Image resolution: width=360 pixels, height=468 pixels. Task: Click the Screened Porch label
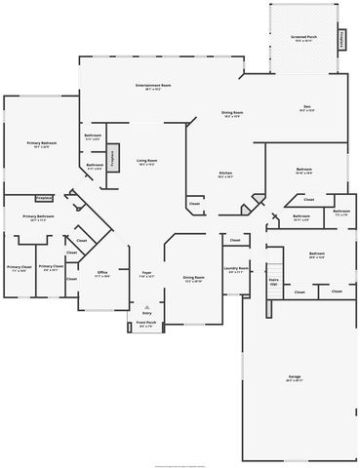coord(301,39)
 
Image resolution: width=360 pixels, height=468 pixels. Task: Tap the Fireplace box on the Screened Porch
coord(341,40)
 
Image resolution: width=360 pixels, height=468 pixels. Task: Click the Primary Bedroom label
coord(42,145)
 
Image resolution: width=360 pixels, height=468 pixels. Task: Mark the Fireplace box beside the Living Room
coord(112,158)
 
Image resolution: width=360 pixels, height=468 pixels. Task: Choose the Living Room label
coord(147,163)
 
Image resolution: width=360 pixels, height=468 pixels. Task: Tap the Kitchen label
coord(224,175)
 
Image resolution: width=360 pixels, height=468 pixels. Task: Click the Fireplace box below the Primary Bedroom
coord(44,198)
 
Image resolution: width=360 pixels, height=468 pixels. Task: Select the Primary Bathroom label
coord(38,218)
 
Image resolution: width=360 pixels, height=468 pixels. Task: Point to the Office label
coord(101,274)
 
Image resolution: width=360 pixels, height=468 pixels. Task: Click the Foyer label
coord(146,275)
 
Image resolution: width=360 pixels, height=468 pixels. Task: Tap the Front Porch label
coord(145,324)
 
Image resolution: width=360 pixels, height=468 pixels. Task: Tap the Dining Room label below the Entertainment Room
coord(231,114)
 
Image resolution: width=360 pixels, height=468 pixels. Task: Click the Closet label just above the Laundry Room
coord(234,238)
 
